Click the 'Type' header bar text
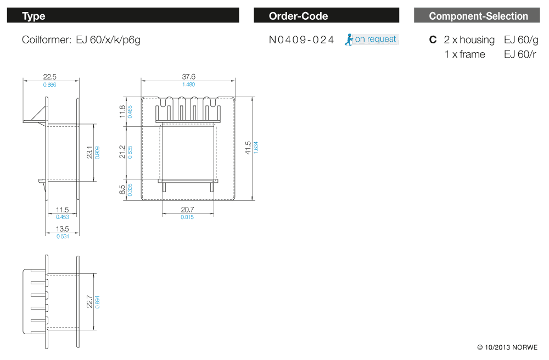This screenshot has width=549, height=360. [33, 16]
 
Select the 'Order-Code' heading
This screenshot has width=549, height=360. [298, 16]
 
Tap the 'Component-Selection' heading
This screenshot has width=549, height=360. [478, 16]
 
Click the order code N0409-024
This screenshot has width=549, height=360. [301, 40]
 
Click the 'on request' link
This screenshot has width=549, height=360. [376, 39]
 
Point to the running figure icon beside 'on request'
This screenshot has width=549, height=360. [349, 40]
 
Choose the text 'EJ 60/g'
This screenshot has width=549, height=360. [521, 40]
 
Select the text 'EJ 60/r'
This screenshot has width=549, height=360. [520, 54]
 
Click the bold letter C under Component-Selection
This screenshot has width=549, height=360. [433, 40]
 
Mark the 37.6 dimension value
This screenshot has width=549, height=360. [188, 77]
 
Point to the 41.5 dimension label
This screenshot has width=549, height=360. [248, 148]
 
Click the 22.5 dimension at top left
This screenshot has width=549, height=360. [50, 77]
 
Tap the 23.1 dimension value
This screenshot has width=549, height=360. [89, 152]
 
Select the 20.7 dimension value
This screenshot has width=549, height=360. [187, 210]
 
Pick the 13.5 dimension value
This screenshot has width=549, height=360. [63, 229]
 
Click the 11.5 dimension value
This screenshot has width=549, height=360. [63, 210]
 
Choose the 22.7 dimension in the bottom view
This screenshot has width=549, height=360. [89, 302]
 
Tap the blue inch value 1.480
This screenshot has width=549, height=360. [188, 85]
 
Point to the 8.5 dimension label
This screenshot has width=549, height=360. [122, 190]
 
